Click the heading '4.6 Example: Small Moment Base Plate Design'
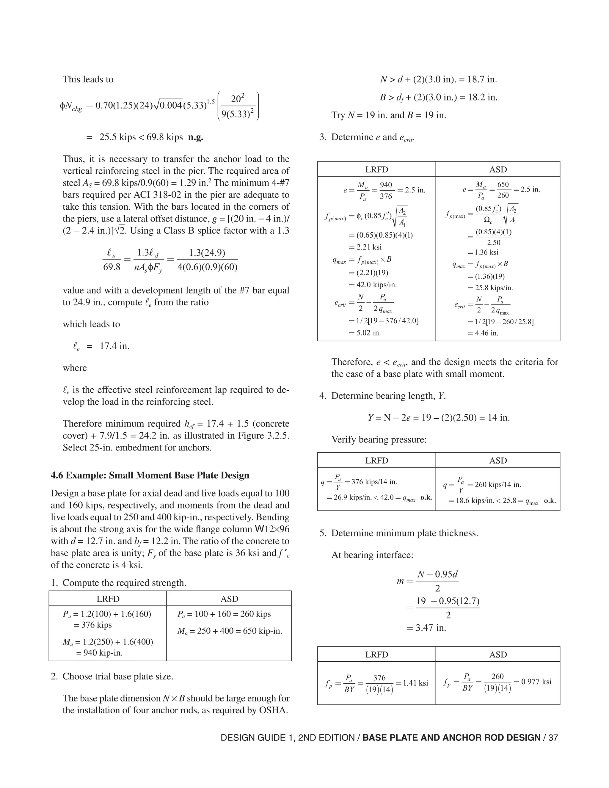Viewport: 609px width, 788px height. click(x=150, y=475)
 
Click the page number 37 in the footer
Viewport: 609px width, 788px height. click(x=553, y=738)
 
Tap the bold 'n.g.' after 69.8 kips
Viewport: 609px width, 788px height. click(x=196, y=137)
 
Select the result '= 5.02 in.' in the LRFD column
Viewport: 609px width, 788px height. click(x=365, y=333)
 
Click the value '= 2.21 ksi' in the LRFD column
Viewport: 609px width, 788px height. click(x=365, y=247)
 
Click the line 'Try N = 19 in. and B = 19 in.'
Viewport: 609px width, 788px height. click(x=389, y=115)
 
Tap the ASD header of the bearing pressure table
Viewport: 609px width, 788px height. click(x=497, y=460)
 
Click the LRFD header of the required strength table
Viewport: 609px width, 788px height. click(x=108, y=599)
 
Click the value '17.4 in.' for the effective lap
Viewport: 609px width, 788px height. click(x=114, y=346)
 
